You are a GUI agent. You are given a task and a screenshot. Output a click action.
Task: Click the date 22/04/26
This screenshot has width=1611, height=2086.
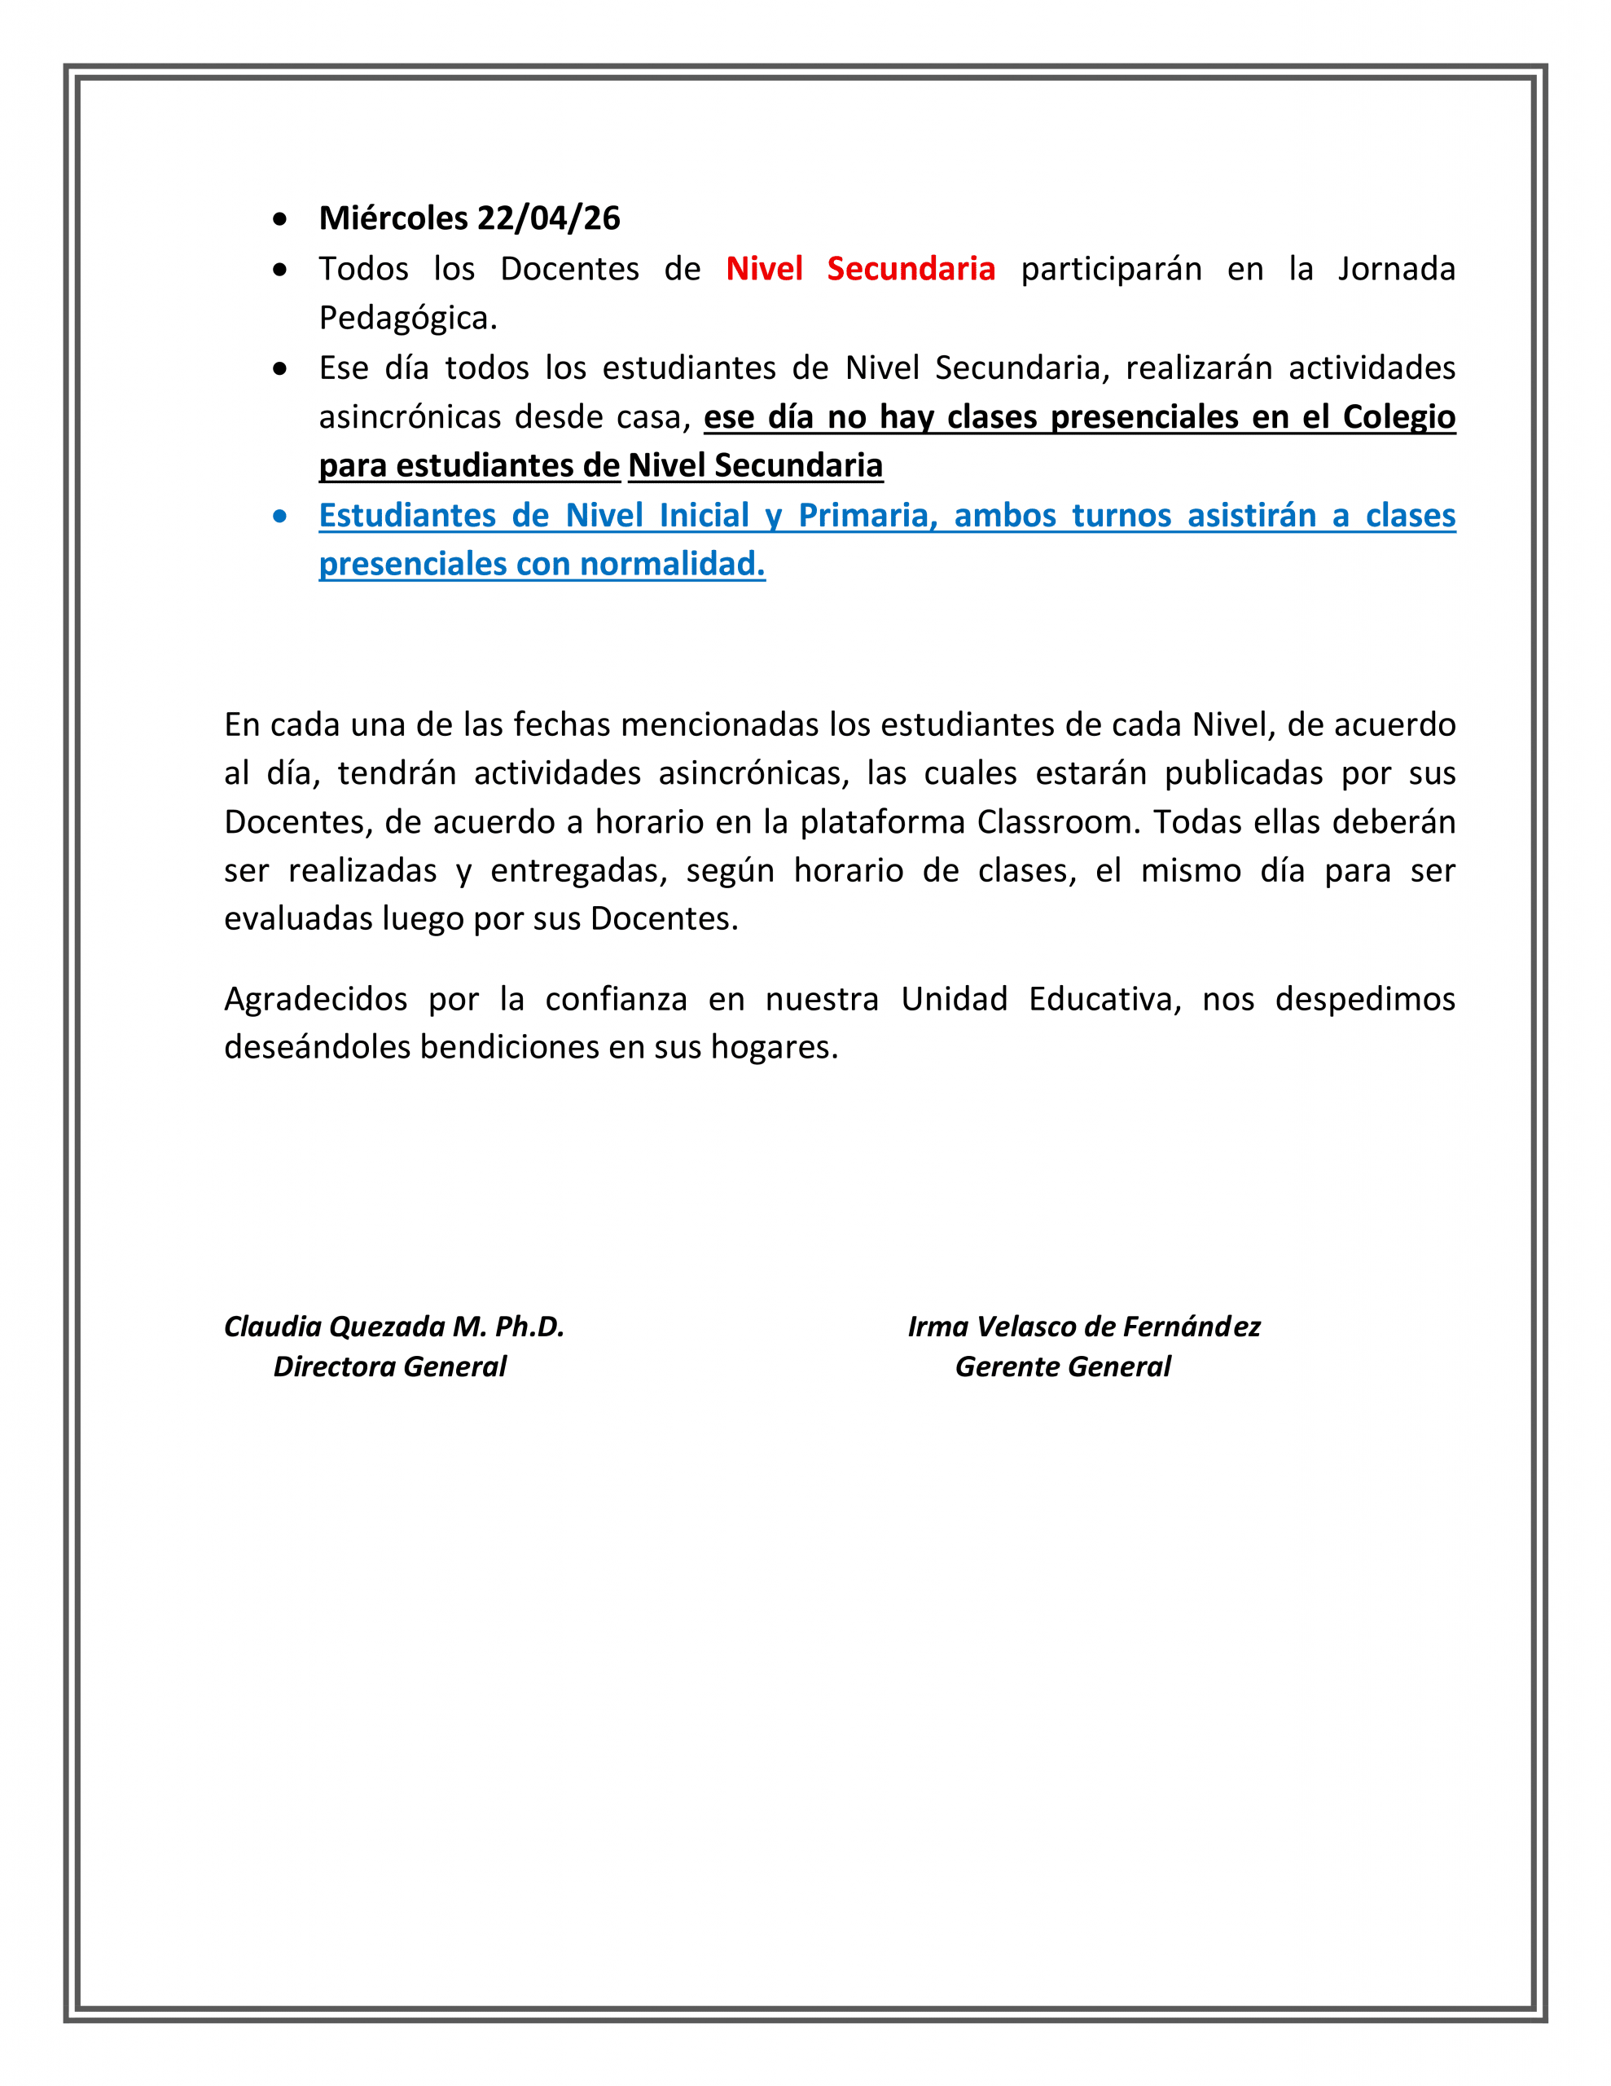tap(548, 218)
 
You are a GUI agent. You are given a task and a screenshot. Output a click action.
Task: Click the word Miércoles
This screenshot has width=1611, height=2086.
tap(393, 218)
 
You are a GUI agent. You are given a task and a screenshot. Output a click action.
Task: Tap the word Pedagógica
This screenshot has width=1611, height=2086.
tap(408, 318)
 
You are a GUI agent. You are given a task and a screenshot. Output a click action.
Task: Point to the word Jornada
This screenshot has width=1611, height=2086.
tap(1396, 270)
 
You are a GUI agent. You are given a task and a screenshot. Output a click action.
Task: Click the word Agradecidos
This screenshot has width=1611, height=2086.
tap(315, 999)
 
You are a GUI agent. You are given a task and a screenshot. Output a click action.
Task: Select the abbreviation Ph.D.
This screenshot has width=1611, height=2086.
tap(529, 1327)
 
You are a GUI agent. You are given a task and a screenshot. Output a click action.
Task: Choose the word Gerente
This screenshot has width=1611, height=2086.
tap(1006, 1366)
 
